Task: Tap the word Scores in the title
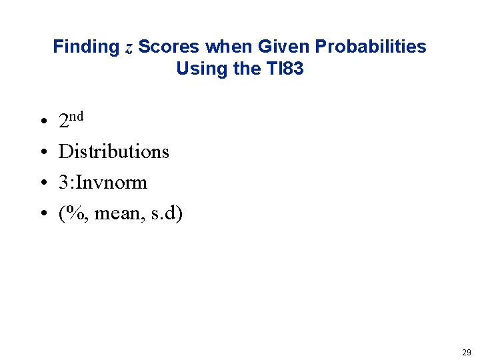pyautogui.click(x=169, y=47)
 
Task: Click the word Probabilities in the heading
pyautogui.click(x=371, y=47)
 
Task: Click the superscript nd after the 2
pyautogui.click(x=77, y=117)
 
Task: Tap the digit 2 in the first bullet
pyautogui.click(x=64, y=121)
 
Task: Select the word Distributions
pyautogui.click(x=114, y=151)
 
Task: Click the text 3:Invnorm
pyautogui.click(x=103, y=182)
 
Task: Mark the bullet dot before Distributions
pyautogui.click(x=42, y=153)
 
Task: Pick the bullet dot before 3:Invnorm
pyautogui.click(x=42, y=183)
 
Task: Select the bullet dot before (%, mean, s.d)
pyautogui.click(x=42, y=215)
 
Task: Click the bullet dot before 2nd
pyautogui.click(x=42, y=123)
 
